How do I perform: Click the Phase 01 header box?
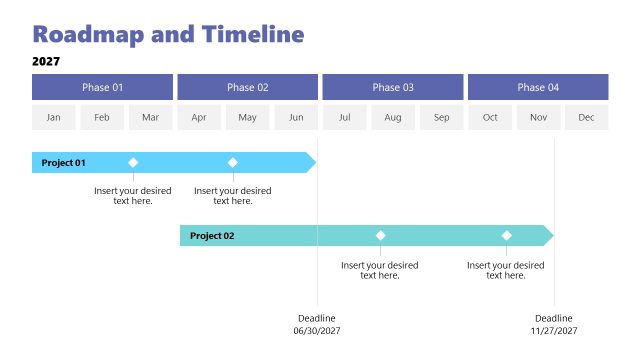[102, 87]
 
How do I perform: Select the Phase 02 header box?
[247, 87]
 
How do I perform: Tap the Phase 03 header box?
[393, 87]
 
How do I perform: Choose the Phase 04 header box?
[538, 87]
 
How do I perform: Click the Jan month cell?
[53, 118]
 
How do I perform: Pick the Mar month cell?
[150, 118]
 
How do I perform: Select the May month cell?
[247, 118]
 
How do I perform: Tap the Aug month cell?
[393, 118]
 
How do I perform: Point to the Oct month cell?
[490, 118]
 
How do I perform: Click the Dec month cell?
[586, 118]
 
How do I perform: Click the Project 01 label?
[64, 163]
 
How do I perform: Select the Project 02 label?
[212, 236]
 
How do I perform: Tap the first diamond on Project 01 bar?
[133, 162]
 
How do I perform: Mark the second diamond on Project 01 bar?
[233, 162]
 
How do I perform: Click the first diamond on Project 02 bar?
[380, 236]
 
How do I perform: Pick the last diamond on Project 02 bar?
[506, 236]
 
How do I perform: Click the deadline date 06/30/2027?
[317, 330]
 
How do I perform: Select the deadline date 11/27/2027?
[554, 330]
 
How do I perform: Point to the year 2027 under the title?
[46, 61]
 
